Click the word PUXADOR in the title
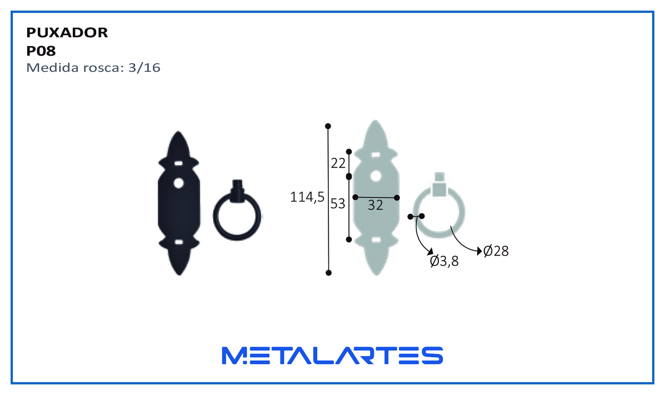pyautogui.click(x=67, y=33)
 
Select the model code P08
pyautogui.click(x=41, y=51)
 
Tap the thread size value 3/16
pyautogui.click(x=144, y=68)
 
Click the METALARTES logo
pyautogui.click(x=332, y=355)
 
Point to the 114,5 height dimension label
pyautogui.click(x=307, y=197)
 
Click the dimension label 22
pyautogui.click(x=338, y=163)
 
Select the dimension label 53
pyautogui.click(x=338, y=203)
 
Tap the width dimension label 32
pyautogui.click(x=375, y=205)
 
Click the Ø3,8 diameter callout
pyautogui.click(x=444, y=261)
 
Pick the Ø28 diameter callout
pyautogui.click(x=496, y=251)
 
